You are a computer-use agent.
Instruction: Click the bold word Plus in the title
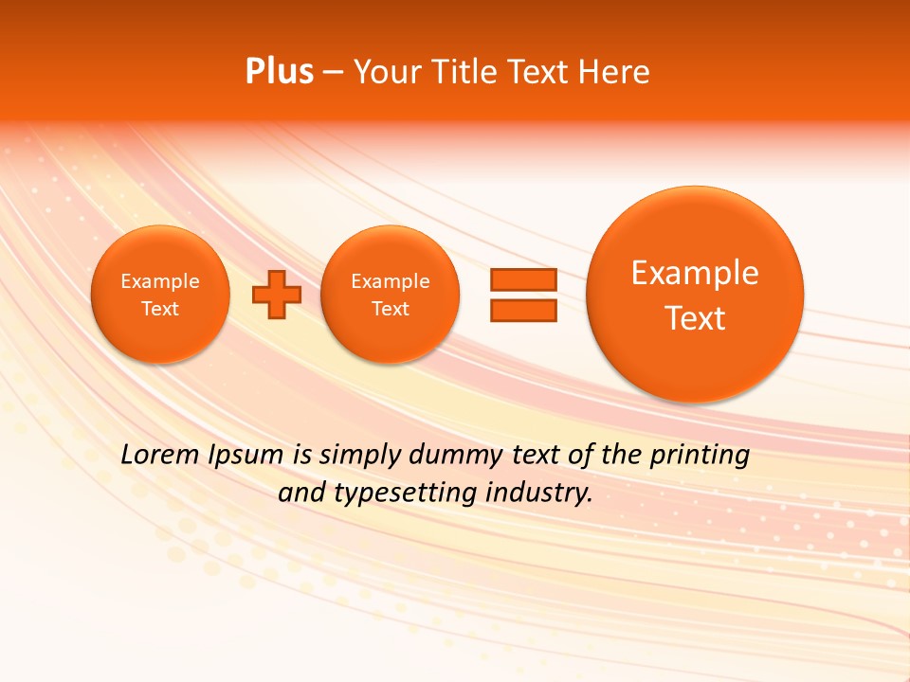click(279, 72)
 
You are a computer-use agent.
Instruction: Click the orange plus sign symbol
click(276, 295)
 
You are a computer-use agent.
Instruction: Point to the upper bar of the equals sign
click(522, 279)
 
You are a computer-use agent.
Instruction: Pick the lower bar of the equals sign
click(522, 310)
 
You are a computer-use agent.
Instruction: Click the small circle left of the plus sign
click(160, 295)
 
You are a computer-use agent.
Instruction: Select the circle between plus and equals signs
click(391, 295)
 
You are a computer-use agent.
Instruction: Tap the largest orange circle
click(695, 295)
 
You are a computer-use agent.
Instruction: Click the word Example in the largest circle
click(695, 273)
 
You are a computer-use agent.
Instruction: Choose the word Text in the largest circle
click(695, 318)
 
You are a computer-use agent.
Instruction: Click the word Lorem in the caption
click(160, 456)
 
